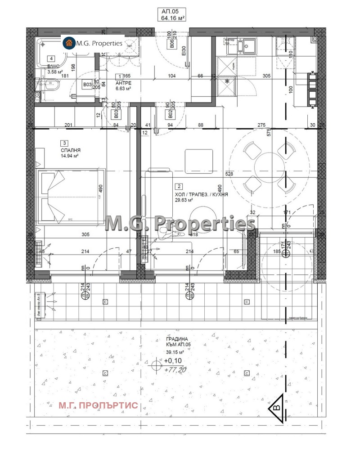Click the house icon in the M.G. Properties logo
[69, 43]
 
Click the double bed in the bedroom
[70, 197]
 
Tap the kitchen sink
[247, 46]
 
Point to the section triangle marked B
[275, 408]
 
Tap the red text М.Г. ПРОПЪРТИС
[98, 406]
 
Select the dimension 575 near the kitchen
[269, 132]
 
